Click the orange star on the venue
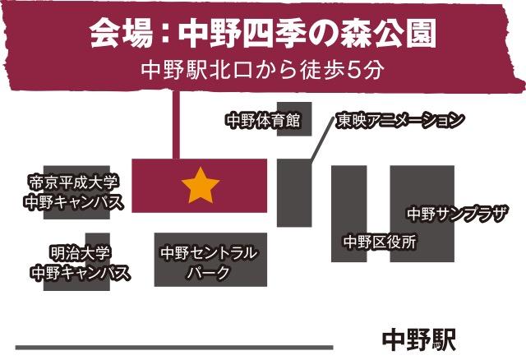coord(199,187)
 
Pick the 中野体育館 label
coord(257,122)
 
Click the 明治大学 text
coord(81,253)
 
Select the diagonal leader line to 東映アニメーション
coord(319,141)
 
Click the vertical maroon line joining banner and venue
coord(174,123)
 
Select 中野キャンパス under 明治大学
coord(80,273)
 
